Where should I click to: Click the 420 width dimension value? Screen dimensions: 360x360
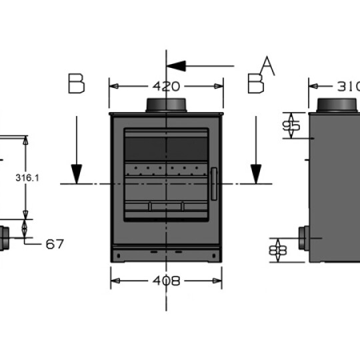pyautogui.click(x=165, y=86)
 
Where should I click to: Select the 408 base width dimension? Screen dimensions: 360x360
pyautogui.click(x=165, y=281)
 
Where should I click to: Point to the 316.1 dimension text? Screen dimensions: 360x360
pyautogui.click(x=27, y=178)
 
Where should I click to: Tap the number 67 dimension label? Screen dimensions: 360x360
pyautogui.click(x=55, y=244)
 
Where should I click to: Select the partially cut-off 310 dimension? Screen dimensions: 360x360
pyautogui.click(x=348, y=86)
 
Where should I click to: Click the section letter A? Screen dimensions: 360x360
pyautogui.click(x=267, y=65)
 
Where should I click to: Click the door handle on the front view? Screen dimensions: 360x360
pyautogui.click(x=214, y=183)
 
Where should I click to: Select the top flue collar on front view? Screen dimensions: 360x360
pyautogui.click(x=166, y=105)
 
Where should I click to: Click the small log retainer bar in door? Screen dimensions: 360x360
pyautogui.click(x=166, y=206)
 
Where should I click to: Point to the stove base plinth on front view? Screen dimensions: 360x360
pyautogui.click(x=166, y=254)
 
